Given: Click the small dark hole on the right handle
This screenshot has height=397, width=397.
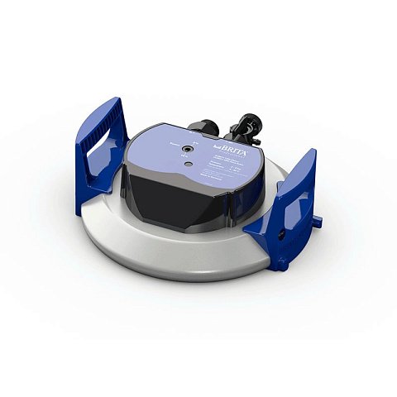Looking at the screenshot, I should point(286,235).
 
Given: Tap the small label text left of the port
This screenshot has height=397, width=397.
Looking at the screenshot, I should point(174,143).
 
